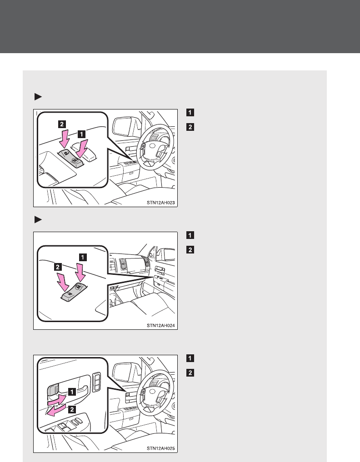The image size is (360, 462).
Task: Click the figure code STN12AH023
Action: click(161, 203)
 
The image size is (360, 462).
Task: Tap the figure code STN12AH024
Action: click(161, 326)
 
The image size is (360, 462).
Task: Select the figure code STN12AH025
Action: click(161, 448)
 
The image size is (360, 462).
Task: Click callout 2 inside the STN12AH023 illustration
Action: click(62, 124)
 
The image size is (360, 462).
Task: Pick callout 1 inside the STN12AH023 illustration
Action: click(82, 134)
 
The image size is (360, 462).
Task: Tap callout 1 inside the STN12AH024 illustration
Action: click(83, 257)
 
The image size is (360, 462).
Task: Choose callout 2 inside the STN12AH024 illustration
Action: click(58, 267)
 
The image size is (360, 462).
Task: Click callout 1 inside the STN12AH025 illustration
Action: click(72, 392)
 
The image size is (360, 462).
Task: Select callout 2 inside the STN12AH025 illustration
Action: click(72, 409)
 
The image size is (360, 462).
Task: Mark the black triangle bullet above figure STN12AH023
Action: click(38, 97)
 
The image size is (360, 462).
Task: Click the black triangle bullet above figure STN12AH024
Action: click(38, 219)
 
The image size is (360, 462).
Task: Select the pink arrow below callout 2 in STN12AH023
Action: click(64, 138)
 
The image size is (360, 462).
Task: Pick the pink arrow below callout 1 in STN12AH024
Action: click(80, 273)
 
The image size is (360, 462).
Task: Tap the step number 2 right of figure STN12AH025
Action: click(190, 373)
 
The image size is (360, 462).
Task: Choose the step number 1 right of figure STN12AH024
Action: click(190, 235)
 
